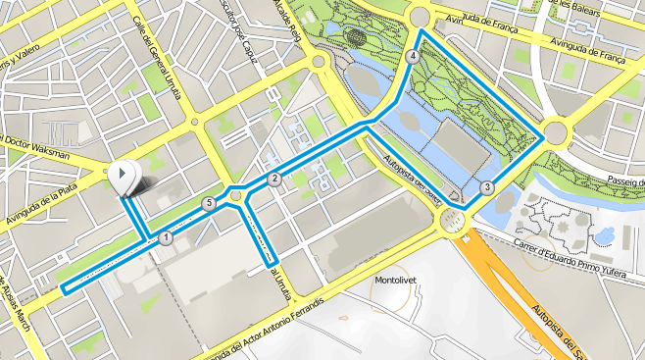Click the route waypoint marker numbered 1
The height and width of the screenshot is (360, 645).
point(166,237)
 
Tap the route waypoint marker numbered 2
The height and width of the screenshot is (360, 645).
point(274,179)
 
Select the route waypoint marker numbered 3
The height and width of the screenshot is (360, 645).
point(487,187)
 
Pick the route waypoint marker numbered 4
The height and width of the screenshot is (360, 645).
point(413,57)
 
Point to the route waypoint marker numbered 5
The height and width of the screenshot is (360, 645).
point(208,203)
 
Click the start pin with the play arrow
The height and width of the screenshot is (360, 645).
point(124,177)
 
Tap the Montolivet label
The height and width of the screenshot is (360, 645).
point(398,280)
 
